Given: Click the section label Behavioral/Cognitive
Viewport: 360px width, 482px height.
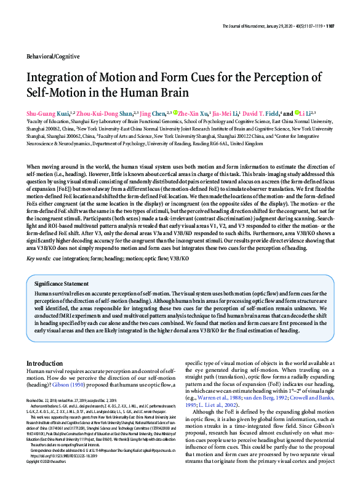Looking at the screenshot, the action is (x=53, y=56).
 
